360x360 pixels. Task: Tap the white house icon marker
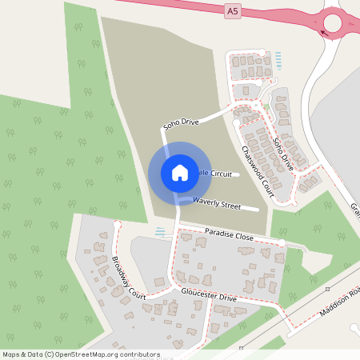pyautogui.click(x=179, y=173)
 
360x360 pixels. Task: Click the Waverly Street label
pyautogui.click(x=216, y=205)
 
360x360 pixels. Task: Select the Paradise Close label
pyautogui.click(x=228, y=238)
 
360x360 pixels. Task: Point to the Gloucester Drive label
pyautogui.click(x=209, y=297)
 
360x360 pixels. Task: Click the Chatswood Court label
pyautogui.click(x=257, y=171)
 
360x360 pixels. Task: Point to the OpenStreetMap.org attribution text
pyautogui.click(x=81, y=354)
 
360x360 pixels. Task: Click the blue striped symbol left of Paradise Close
pyautogui.click(x=161, y=231)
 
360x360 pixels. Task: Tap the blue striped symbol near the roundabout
pyautogui.click(x=278, y=58)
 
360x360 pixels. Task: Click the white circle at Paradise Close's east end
pyautogui.click(x=282, y=242)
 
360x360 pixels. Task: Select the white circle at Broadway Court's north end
pyautogui.click(x=117, y=225)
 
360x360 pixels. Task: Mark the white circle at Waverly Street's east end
pyautogui.click(x=258, y=210)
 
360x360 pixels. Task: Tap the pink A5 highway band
pyautogui.click(x=160, y=6)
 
